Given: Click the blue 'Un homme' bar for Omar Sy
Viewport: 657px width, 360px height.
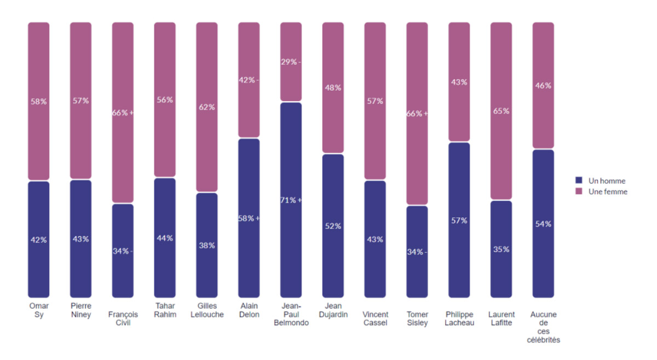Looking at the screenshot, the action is click(39, 240).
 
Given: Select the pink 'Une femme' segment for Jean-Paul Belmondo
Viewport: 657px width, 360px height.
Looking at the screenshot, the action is click(291, 62).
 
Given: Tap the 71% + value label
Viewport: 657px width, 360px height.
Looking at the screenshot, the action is click(291, 200).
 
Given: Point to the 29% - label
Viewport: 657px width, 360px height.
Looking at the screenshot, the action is click(291, 62).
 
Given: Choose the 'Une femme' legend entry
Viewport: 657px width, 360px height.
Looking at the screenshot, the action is click(601, 191).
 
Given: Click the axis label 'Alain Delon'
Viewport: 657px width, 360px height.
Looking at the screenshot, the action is click(249, 310).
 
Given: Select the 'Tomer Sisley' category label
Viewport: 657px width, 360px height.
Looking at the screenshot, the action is click(417, 318).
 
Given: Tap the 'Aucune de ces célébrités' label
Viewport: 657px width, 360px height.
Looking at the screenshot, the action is click(543, 327).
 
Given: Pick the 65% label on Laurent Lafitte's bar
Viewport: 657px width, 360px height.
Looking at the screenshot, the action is click(501, 111).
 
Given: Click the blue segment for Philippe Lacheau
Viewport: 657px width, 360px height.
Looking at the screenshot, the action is click(459, 220).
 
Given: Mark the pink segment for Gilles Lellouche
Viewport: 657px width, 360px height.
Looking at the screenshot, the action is click(207, 107).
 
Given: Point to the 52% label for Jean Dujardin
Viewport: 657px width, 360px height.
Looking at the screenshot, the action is click(333, 226).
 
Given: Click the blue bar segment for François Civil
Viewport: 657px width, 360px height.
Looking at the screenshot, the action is click(123, 251).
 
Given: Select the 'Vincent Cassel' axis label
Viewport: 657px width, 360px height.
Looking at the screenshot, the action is click(375, 318).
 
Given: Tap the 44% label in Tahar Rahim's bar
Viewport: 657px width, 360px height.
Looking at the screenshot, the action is click(165, 238).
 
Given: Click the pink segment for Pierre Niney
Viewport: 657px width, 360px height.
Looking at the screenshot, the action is click(80, 101).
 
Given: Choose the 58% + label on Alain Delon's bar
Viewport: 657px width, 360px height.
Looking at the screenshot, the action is click(249, 218).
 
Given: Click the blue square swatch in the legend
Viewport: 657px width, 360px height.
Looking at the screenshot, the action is click(579, 180).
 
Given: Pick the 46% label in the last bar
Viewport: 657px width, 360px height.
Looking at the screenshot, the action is click(543, 85).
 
